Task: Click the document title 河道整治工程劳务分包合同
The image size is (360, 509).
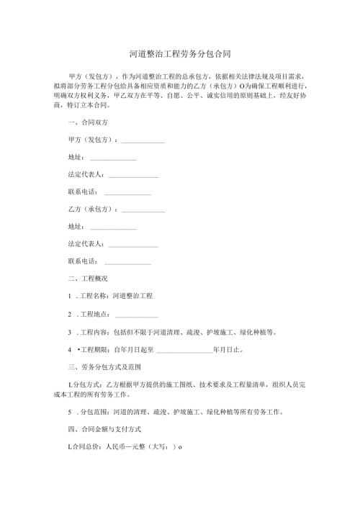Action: tap(179, 54)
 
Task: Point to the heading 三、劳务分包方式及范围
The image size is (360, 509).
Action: tap(99, 367)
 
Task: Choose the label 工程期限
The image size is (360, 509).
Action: tap(91, 351)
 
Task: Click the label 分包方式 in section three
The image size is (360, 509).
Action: tap(85, 385)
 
